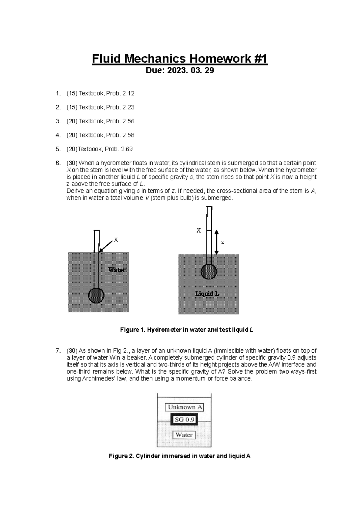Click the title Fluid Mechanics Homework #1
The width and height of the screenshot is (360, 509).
(x=179, y=59)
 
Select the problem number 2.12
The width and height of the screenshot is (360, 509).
(x=128, y=93)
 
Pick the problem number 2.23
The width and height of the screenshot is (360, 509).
(x=128, y=107)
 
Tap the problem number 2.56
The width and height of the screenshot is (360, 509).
(x=128, y=121)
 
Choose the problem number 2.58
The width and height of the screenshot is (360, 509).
(x=128, y=135)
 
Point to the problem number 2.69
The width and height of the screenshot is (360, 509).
(x=126, y=149)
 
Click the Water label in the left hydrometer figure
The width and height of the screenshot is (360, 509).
(x=117, y=270)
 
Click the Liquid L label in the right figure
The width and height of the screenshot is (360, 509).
(x=207, y=294)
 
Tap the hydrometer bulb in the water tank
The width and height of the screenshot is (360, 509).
(x=96, y=295)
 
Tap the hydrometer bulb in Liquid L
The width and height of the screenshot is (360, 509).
(x=209, y=271)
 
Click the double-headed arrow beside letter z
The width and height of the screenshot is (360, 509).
(x=217, y=242)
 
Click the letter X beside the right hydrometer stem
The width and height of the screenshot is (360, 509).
(x=199, y=230)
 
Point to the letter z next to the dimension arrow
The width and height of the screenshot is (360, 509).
(x=223, y=242)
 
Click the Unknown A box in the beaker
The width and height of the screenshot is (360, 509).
(x=184, y=407)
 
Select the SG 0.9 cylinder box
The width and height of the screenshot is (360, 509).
(x=184, y=420)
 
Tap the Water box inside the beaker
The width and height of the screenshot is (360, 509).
(x=184, y=435)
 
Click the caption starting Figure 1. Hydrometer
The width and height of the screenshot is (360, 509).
(x=187, y=330)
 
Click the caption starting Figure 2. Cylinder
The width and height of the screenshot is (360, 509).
(x=179, y=456)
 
